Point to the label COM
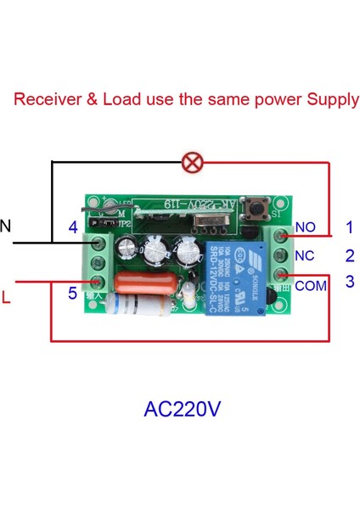click(x=311, y=286)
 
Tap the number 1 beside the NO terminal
click(x=349, y=227)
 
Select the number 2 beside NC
click(x=349, y=255)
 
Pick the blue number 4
click(x=73, y=227)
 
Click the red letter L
click(x=6, y=299)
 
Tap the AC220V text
click(x=182, y=410)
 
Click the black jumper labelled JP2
click(x=101, y=221)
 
